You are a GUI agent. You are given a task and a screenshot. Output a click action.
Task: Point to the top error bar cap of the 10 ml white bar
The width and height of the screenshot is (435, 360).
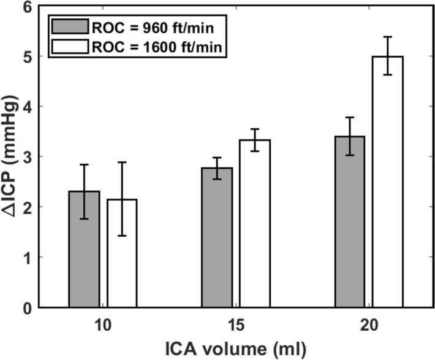click(x=121, y=163)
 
